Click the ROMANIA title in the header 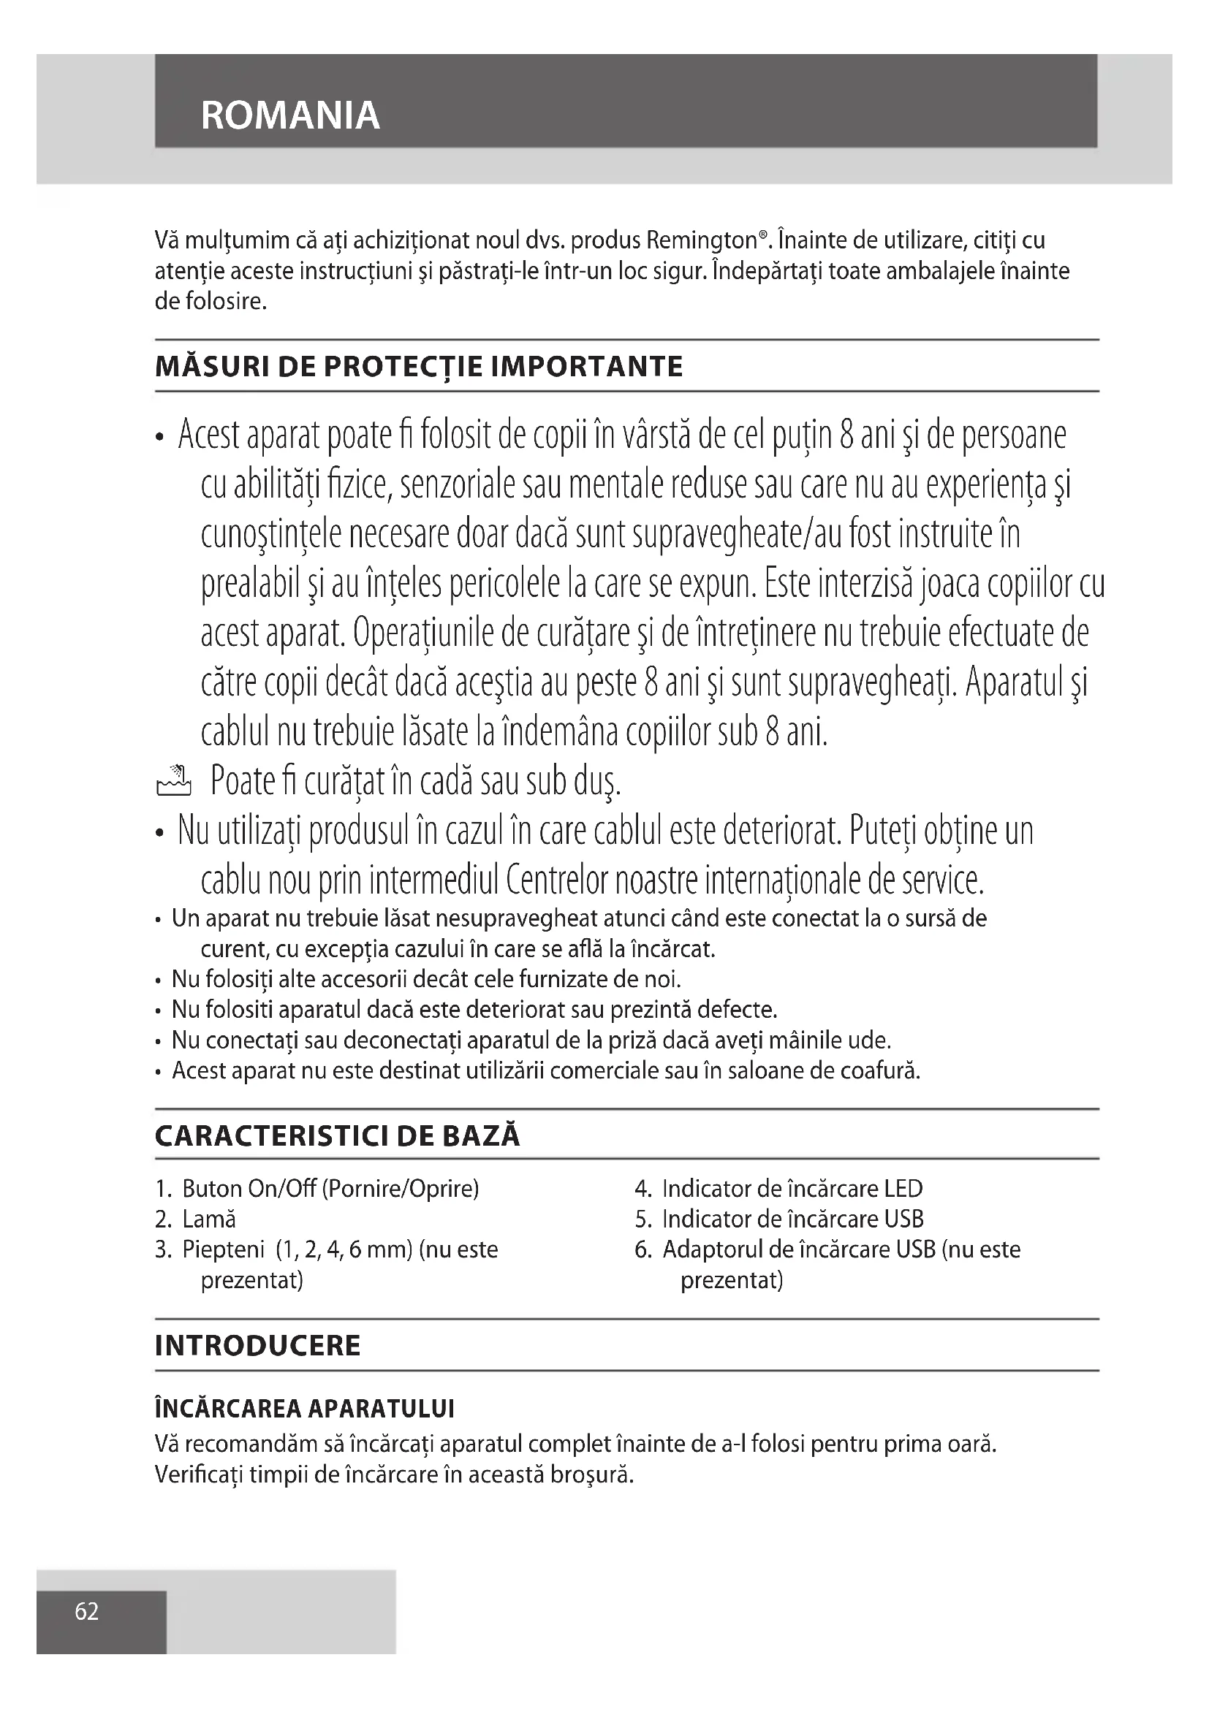290,115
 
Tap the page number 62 86,1611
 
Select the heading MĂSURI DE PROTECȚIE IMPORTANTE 418,367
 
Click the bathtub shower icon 173,782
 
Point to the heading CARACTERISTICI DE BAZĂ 337,1136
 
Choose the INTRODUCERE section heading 257,1345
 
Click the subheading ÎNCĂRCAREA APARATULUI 305,1408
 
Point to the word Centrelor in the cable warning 568,880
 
